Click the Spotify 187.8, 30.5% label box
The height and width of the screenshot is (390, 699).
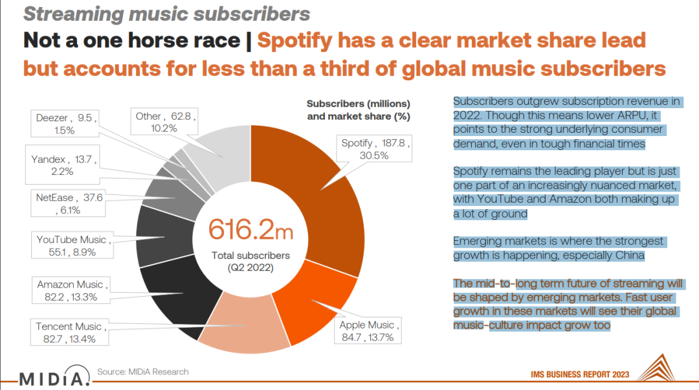375,148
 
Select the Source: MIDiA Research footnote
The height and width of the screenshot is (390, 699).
142,372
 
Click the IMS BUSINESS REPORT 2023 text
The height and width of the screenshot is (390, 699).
579,374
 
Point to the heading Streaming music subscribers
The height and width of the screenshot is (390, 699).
167,14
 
